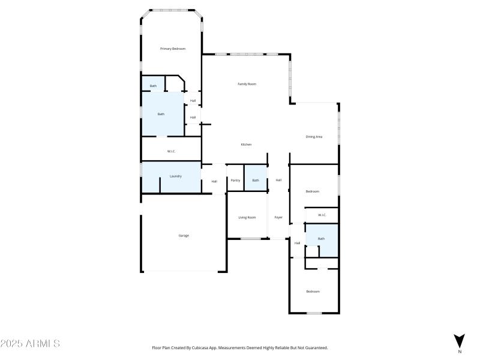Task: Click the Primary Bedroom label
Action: coord(172,49)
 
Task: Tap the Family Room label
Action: coord(247,84)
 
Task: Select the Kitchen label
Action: coord(246,145)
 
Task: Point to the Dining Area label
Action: coord(314,137)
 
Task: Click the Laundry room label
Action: coord(175,176)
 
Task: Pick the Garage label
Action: coord(184,236)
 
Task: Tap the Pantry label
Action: coord(235,181)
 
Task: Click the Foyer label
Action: coord(278,217)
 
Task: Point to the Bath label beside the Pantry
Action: coord(256,181)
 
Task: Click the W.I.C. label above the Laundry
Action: coord(171,151)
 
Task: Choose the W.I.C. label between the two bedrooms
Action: coord(322,215)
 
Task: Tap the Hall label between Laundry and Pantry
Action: coord(214,182)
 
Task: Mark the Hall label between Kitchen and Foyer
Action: coord(278,181)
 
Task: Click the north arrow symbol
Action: coord(459,340)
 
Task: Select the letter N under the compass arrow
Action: coord(459,352)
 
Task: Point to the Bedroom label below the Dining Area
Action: coord(313,191)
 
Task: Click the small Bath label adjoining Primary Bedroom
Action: coord(153,86)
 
